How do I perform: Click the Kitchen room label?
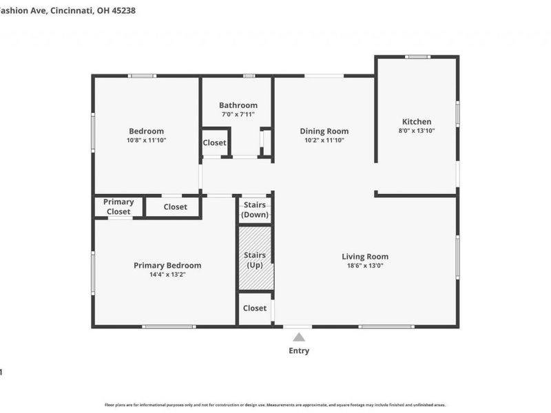417,121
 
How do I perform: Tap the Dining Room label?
324,131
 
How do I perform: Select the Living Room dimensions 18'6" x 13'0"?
365,266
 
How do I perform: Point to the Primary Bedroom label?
167,265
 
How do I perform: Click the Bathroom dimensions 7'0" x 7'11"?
238,114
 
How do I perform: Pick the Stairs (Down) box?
255,210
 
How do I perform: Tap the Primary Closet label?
118,206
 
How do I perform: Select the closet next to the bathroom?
214,142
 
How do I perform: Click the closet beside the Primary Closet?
175,206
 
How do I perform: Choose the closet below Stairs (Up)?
255,308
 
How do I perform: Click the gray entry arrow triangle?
299,337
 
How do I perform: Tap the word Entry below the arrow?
299,351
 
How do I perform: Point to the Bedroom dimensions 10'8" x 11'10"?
146,140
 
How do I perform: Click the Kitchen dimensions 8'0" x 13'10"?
417,130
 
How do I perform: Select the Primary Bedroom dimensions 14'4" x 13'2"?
167,274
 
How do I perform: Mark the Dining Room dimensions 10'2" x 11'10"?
324,140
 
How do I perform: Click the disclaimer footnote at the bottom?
275,405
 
